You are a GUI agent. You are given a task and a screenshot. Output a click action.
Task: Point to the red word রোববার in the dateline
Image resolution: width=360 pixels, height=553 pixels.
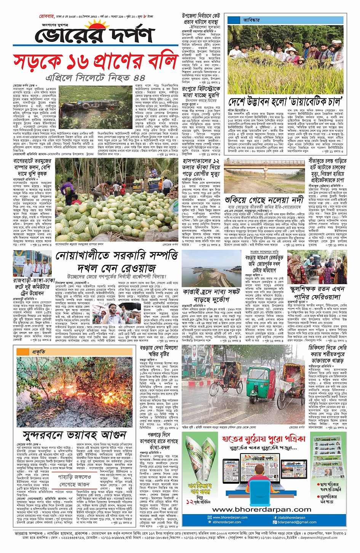[x=46, y=16]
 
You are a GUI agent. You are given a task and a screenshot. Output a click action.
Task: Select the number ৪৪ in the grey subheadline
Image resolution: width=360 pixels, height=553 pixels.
[x=139, y=78]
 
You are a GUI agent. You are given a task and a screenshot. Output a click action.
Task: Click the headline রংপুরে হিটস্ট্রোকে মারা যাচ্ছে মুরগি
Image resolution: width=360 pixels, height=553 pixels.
[x=201, y=91]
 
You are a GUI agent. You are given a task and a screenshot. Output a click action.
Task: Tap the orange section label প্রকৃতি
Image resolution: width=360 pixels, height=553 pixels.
[x=39, y=352]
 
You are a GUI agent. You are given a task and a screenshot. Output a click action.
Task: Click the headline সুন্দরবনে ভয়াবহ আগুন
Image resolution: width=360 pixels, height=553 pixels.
[x=74, y=435]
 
